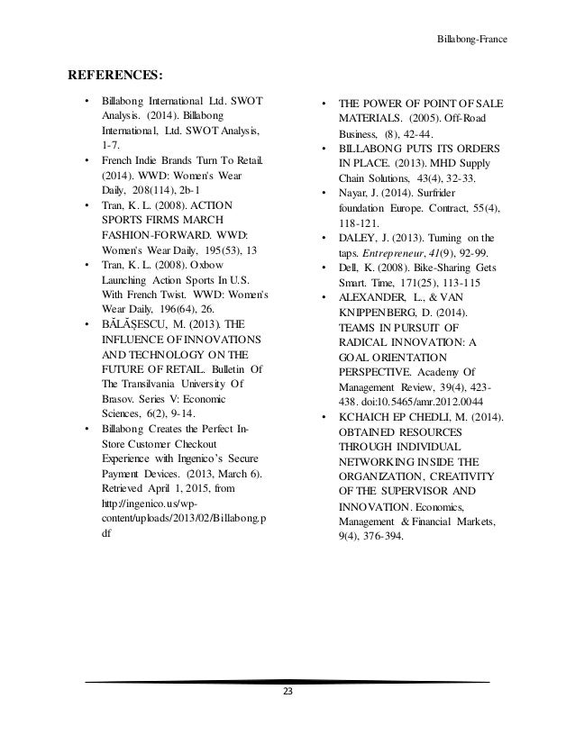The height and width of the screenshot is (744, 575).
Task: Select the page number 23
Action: tap(287, 692)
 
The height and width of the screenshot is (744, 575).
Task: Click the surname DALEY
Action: tap(357, 238)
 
